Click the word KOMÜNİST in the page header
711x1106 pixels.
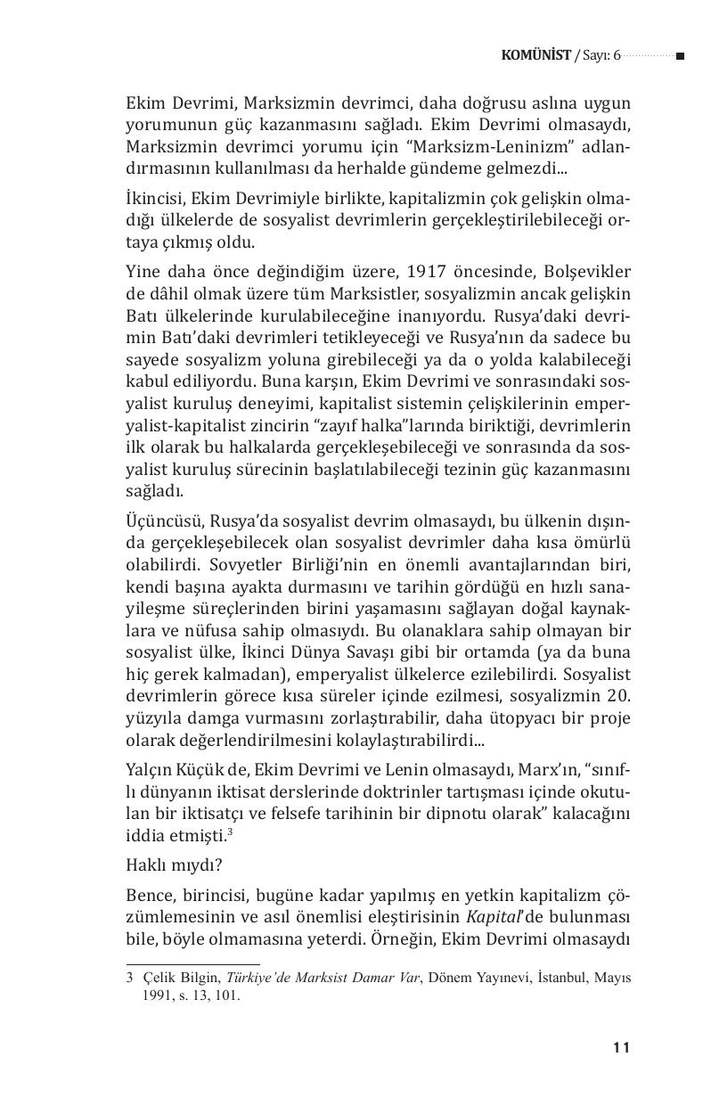coord(535,56)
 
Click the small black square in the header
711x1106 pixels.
coord(680,56)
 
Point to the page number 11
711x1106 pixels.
coord(622,1048)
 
